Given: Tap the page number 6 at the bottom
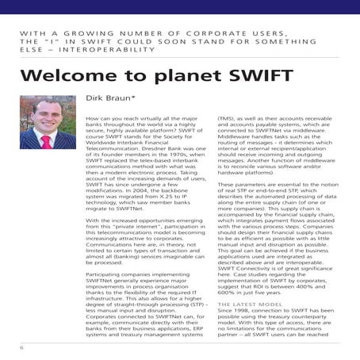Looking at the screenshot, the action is point(23,347).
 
